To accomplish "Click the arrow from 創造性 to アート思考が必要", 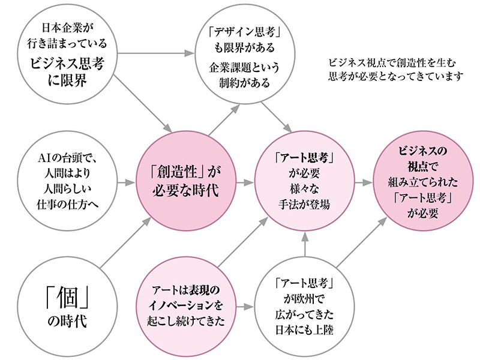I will coord(244,182).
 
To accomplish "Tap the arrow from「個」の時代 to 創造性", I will coord(123,245).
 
